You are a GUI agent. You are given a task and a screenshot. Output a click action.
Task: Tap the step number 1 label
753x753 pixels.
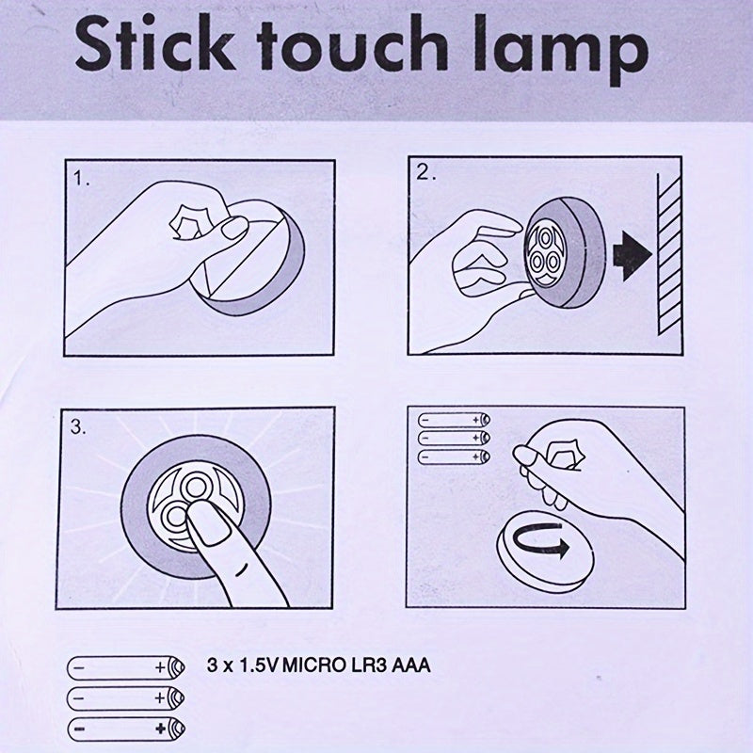click(x=83, y=178)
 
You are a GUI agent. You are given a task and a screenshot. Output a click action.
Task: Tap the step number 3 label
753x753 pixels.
click(x=78, y=426)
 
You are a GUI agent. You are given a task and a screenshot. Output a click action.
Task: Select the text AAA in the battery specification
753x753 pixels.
click(x=409, y=666)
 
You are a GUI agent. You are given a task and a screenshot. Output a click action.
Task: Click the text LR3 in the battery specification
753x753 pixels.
click(x=368, y=666)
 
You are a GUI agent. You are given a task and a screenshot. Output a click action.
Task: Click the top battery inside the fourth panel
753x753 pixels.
click(x=454, y=420)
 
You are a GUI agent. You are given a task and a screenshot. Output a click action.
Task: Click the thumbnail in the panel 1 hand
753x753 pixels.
click(x=233, y=226)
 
